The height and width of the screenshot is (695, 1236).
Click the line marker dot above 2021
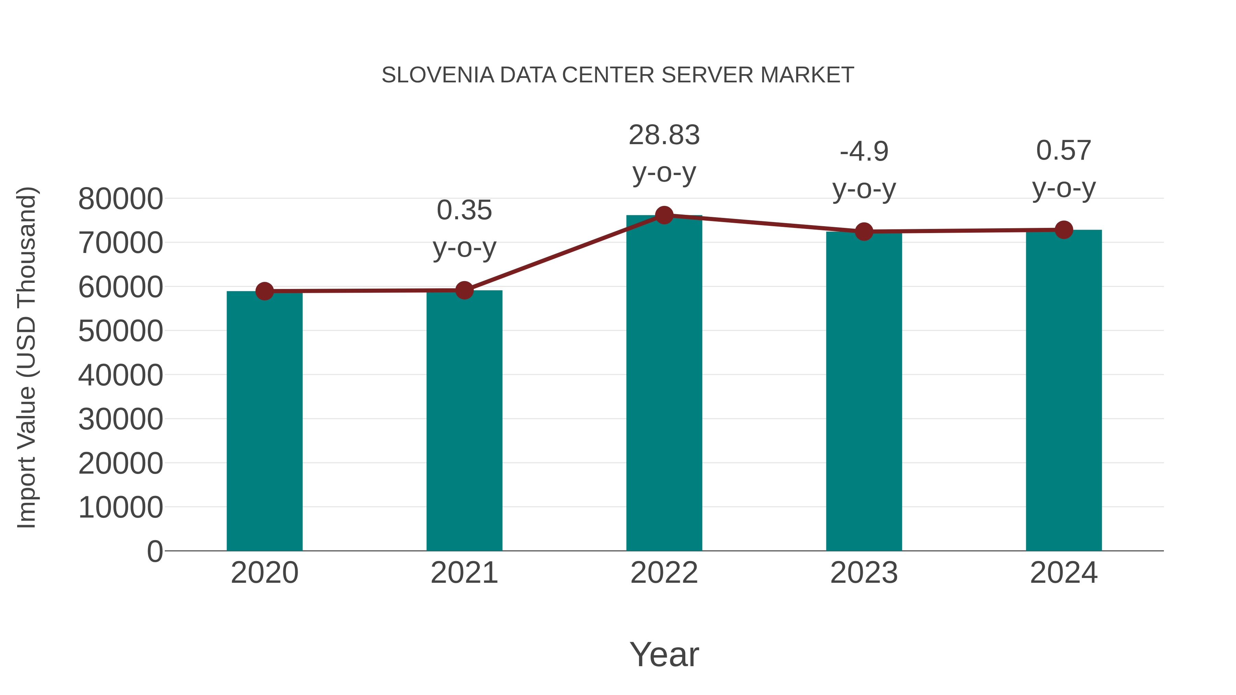coord(464,290)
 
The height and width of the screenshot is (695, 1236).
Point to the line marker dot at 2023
coord(864,232)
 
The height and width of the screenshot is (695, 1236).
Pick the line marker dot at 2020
coord(264,291)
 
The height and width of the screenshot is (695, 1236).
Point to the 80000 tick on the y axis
coord(121,199)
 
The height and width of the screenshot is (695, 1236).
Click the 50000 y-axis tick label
coord(121,331)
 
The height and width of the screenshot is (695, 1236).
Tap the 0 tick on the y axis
coord(154,551)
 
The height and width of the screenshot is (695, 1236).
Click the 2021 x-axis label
coord(464,573)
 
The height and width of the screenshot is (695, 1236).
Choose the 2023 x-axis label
coord(864,573)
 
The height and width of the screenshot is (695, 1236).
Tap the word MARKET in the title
coord(806,75)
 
